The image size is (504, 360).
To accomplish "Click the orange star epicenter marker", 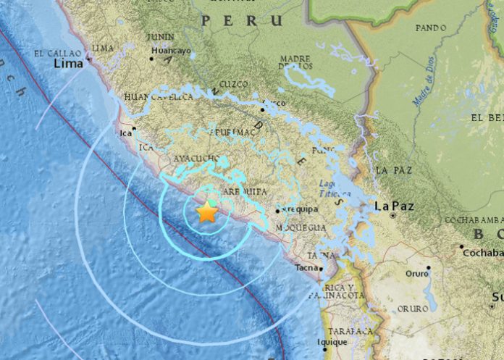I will coord(207,212).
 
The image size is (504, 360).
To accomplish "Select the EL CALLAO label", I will coord(59,52).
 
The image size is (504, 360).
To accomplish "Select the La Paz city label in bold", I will coord(394,206).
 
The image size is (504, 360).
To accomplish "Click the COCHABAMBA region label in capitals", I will coord(474,220).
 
